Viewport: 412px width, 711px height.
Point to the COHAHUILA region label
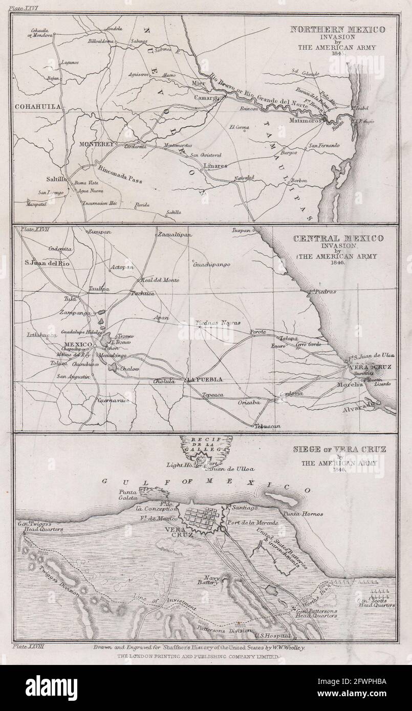pos(37,106)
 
